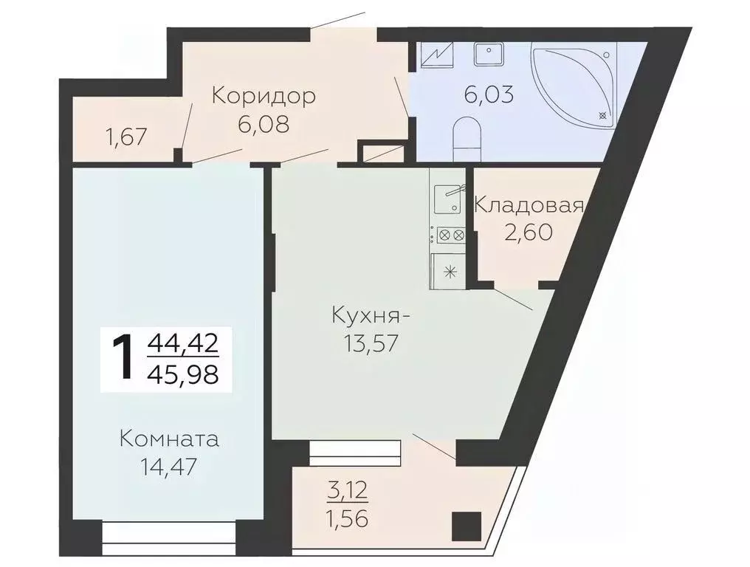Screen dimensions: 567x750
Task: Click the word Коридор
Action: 264,96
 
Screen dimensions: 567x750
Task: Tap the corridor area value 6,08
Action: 263,123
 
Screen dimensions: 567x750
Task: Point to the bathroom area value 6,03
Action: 489,95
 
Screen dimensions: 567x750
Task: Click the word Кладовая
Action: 529,205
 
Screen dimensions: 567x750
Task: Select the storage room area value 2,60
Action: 529,233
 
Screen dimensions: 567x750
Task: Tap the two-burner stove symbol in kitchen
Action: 448,236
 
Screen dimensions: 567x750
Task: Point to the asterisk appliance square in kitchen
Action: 448,270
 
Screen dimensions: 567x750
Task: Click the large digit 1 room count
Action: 123,358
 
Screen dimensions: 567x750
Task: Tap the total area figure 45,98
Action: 183,374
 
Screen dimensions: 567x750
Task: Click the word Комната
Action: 170,440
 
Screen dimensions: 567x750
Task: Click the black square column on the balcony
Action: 466,526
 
